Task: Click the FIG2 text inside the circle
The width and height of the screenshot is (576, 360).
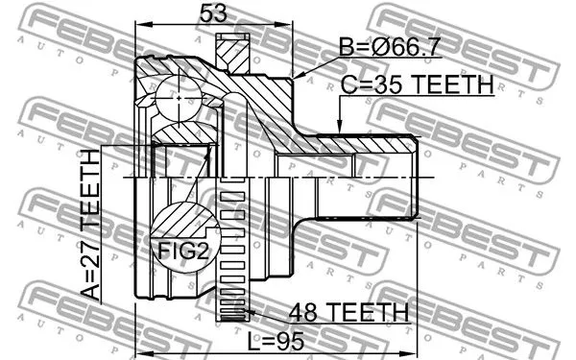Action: pyautogui.click(x=183, y=252)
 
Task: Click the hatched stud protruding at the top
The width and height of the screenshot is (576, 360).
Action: pyautogui.click(x=231, y=53)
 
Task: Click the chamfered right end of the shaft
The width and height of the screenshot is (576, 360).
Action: pyautogui.click(x=414, y=179)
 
